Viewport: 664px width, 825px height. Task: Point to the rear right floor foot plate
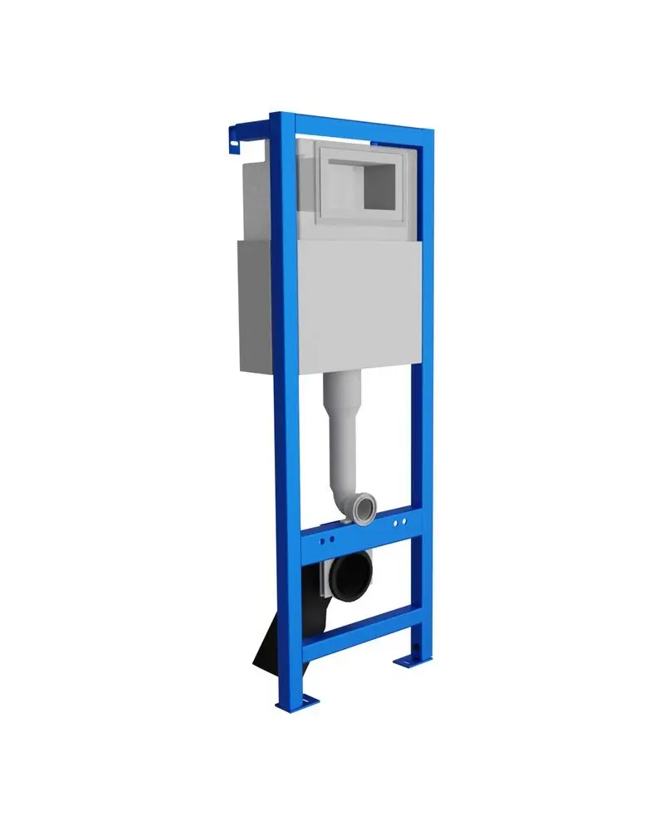(409, 661)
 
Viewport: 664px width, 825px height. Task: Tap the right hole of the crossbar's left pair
(332, 540)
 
